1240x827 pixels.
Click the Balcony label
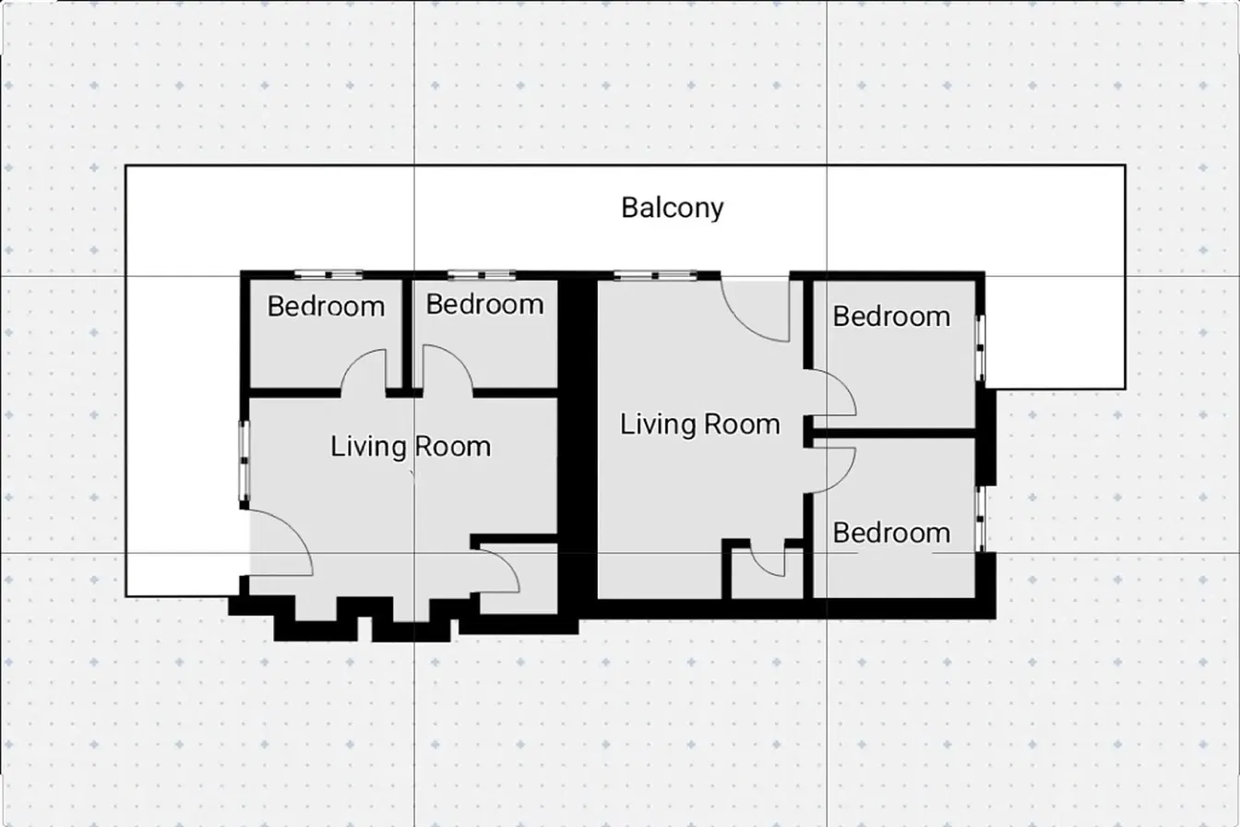672,208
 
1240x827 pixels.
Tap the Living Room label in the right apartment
699,425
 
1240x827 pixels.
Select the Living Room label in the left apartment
411,448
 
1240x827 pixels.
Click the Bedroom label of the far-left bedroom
326,306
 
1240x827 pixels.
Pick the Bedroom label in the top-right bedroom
891,317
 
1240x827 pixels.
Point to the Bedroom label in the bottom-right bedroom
891,533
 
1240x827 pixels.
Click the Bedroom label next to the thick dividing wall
484,304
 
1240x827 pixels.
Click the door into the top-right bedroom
832,392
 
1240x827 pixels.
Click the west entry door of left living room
280,545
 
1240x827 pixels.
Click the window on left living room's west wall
244,461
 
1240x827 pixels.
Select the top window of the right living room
655,275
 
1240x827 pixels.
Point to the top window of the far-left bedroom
328,275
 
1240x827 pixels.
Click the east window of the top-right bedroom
981,349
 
